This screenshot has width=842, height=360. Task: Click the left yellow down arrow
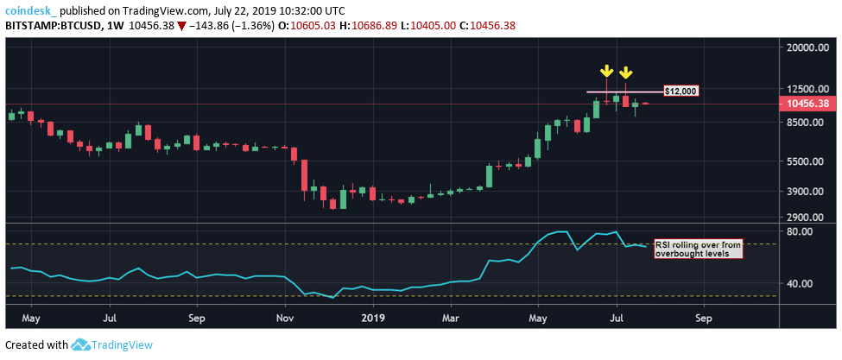pyautogui.click(x=607, y=70)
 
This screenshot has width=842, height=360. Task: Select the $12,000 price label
pyautogui.click(x=681, y=91)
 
